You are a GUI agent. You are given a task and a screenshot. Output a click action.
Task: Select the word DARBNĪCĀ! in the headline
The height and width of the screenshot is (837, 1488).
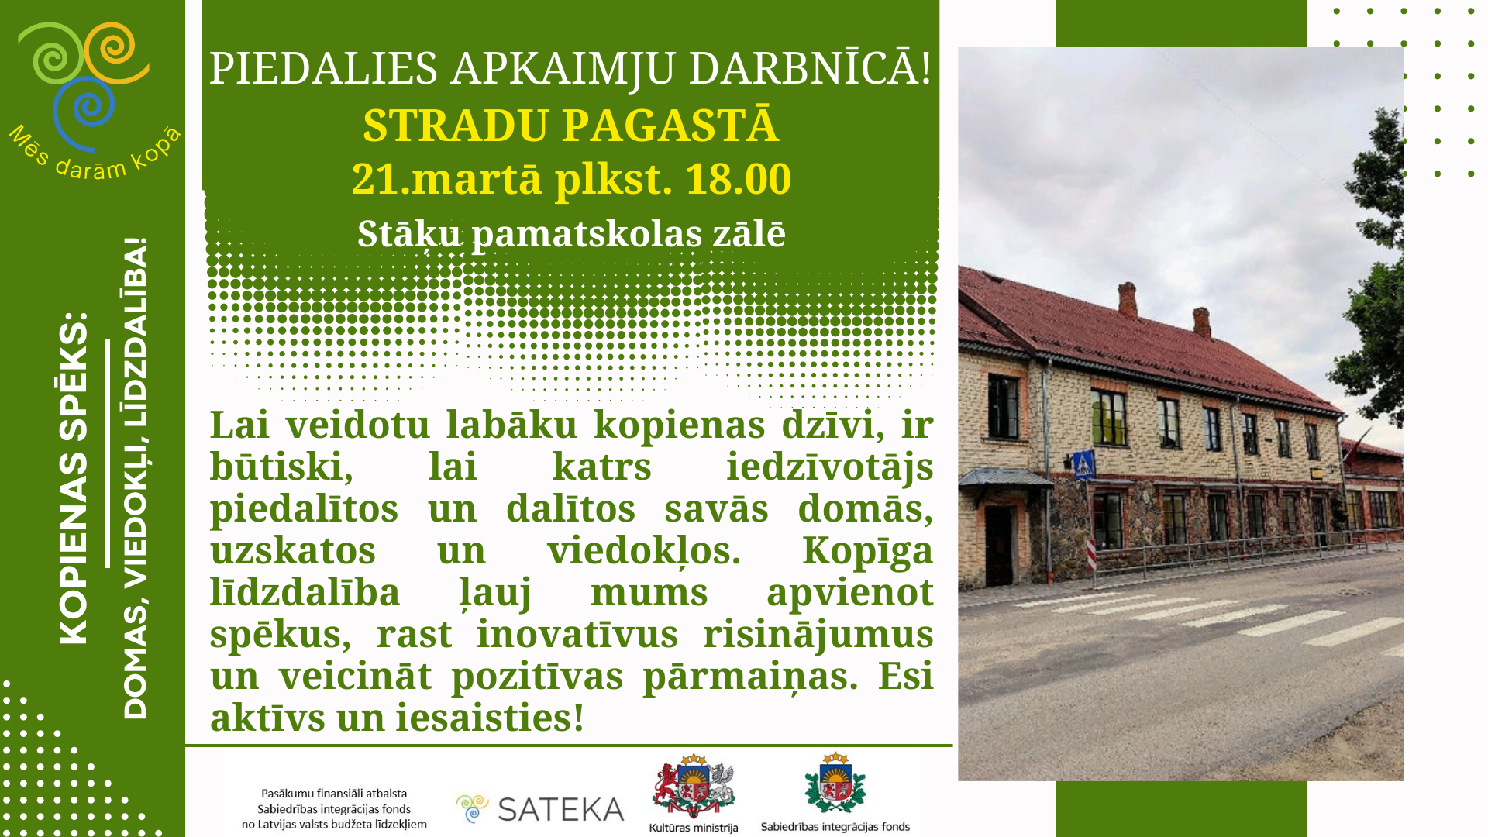coord(810,68)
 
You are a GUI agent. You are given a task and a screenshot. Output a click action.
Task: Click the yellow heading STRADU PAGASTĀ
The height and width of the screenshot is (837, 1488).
coord(570,125)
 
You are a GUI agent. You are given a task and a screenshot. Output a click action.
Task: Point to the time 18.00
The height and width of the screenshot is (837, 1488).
coord(738,178)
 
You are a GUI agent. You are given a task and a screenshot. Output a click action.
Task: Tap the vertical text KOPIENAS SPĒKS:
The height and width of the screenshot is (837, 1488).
coord(74,478)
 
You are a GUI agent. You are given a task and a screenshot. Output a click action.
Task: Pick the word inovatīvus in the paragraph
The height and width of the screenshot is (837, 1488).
coord(577,634)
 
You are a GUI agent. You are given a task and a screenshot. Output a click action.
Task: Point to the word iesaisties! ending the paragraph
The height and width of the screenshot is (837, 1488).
coord(490,718)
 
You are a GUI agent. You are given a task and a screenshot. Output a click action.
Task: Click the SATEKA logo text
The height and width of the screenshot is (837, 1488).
coord(560,809)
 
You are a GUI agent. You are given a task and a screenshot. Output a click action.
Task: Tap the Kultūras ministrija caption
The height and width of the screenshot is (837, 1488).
coord(694,828)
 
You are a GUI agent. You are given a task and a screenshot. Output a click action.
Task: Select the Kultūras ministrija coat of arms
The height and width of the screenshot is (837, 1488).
coord(694,786)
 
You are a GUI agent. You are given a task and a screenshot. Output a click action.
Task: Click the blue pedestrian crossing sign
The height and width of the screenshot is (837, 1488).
coord(1084,464)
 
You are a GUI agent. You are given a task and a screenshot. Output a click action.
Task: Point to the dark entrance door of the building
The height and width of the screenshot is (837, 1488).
coord(999,546)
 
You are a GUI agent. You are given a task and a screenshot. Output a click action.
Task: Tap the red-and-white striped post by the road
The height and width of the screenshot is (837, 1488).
coord(1091,555)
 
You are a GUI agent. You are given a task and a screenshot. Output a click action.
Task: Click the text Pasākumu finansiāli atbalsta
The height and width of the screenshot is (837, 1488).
coord(334,794)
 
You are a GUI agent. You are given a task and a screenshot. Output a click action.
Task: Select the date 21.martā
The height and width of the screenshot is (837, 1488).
coord(447,178)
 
